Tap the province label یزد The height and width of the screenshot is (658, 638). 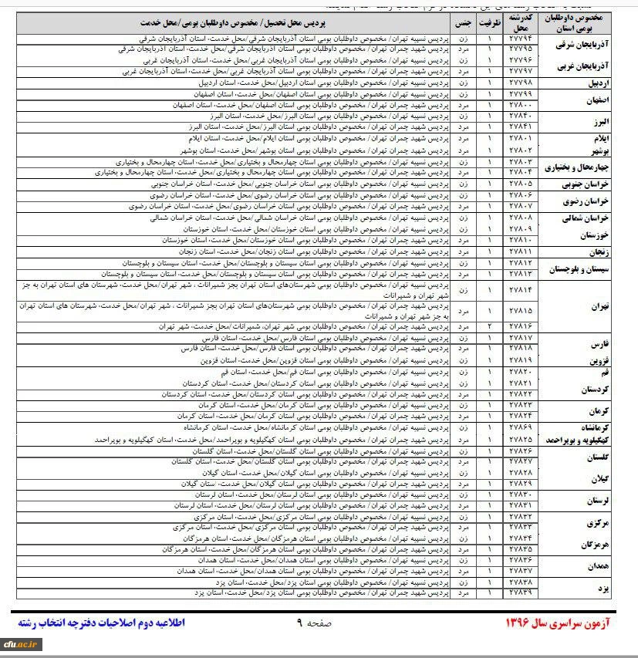coord(604,588)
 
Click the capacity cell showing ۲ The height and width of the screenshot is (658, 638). coord(489,327)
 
